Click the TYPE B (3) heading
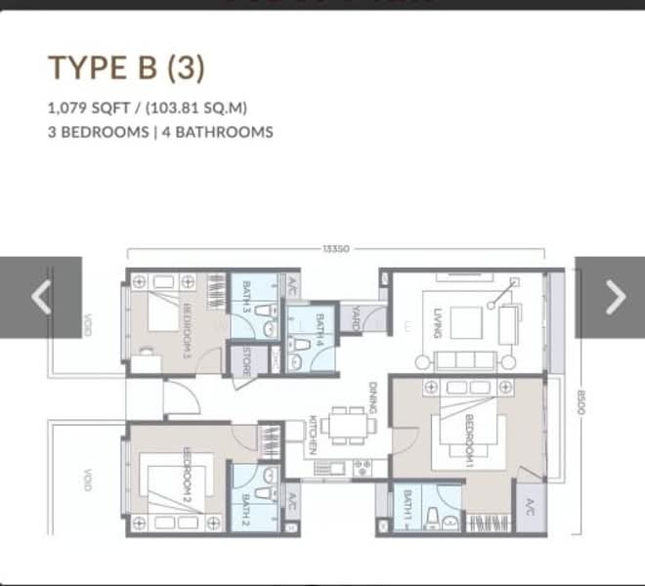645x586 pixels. coord(127,69)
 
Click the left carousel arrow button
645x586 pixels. coord(41,297)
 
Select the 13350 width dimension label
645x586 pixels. coord(336,249)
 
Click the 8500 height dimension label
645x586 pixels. coord(580,402)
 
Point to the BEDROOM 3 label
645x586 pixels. coord(187,326)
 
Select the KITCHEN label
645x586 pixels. coord(313,435)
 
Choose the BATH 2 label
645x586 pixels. coord(246,507)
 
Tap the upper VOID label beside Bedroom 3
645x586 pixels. coord(87,324)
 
